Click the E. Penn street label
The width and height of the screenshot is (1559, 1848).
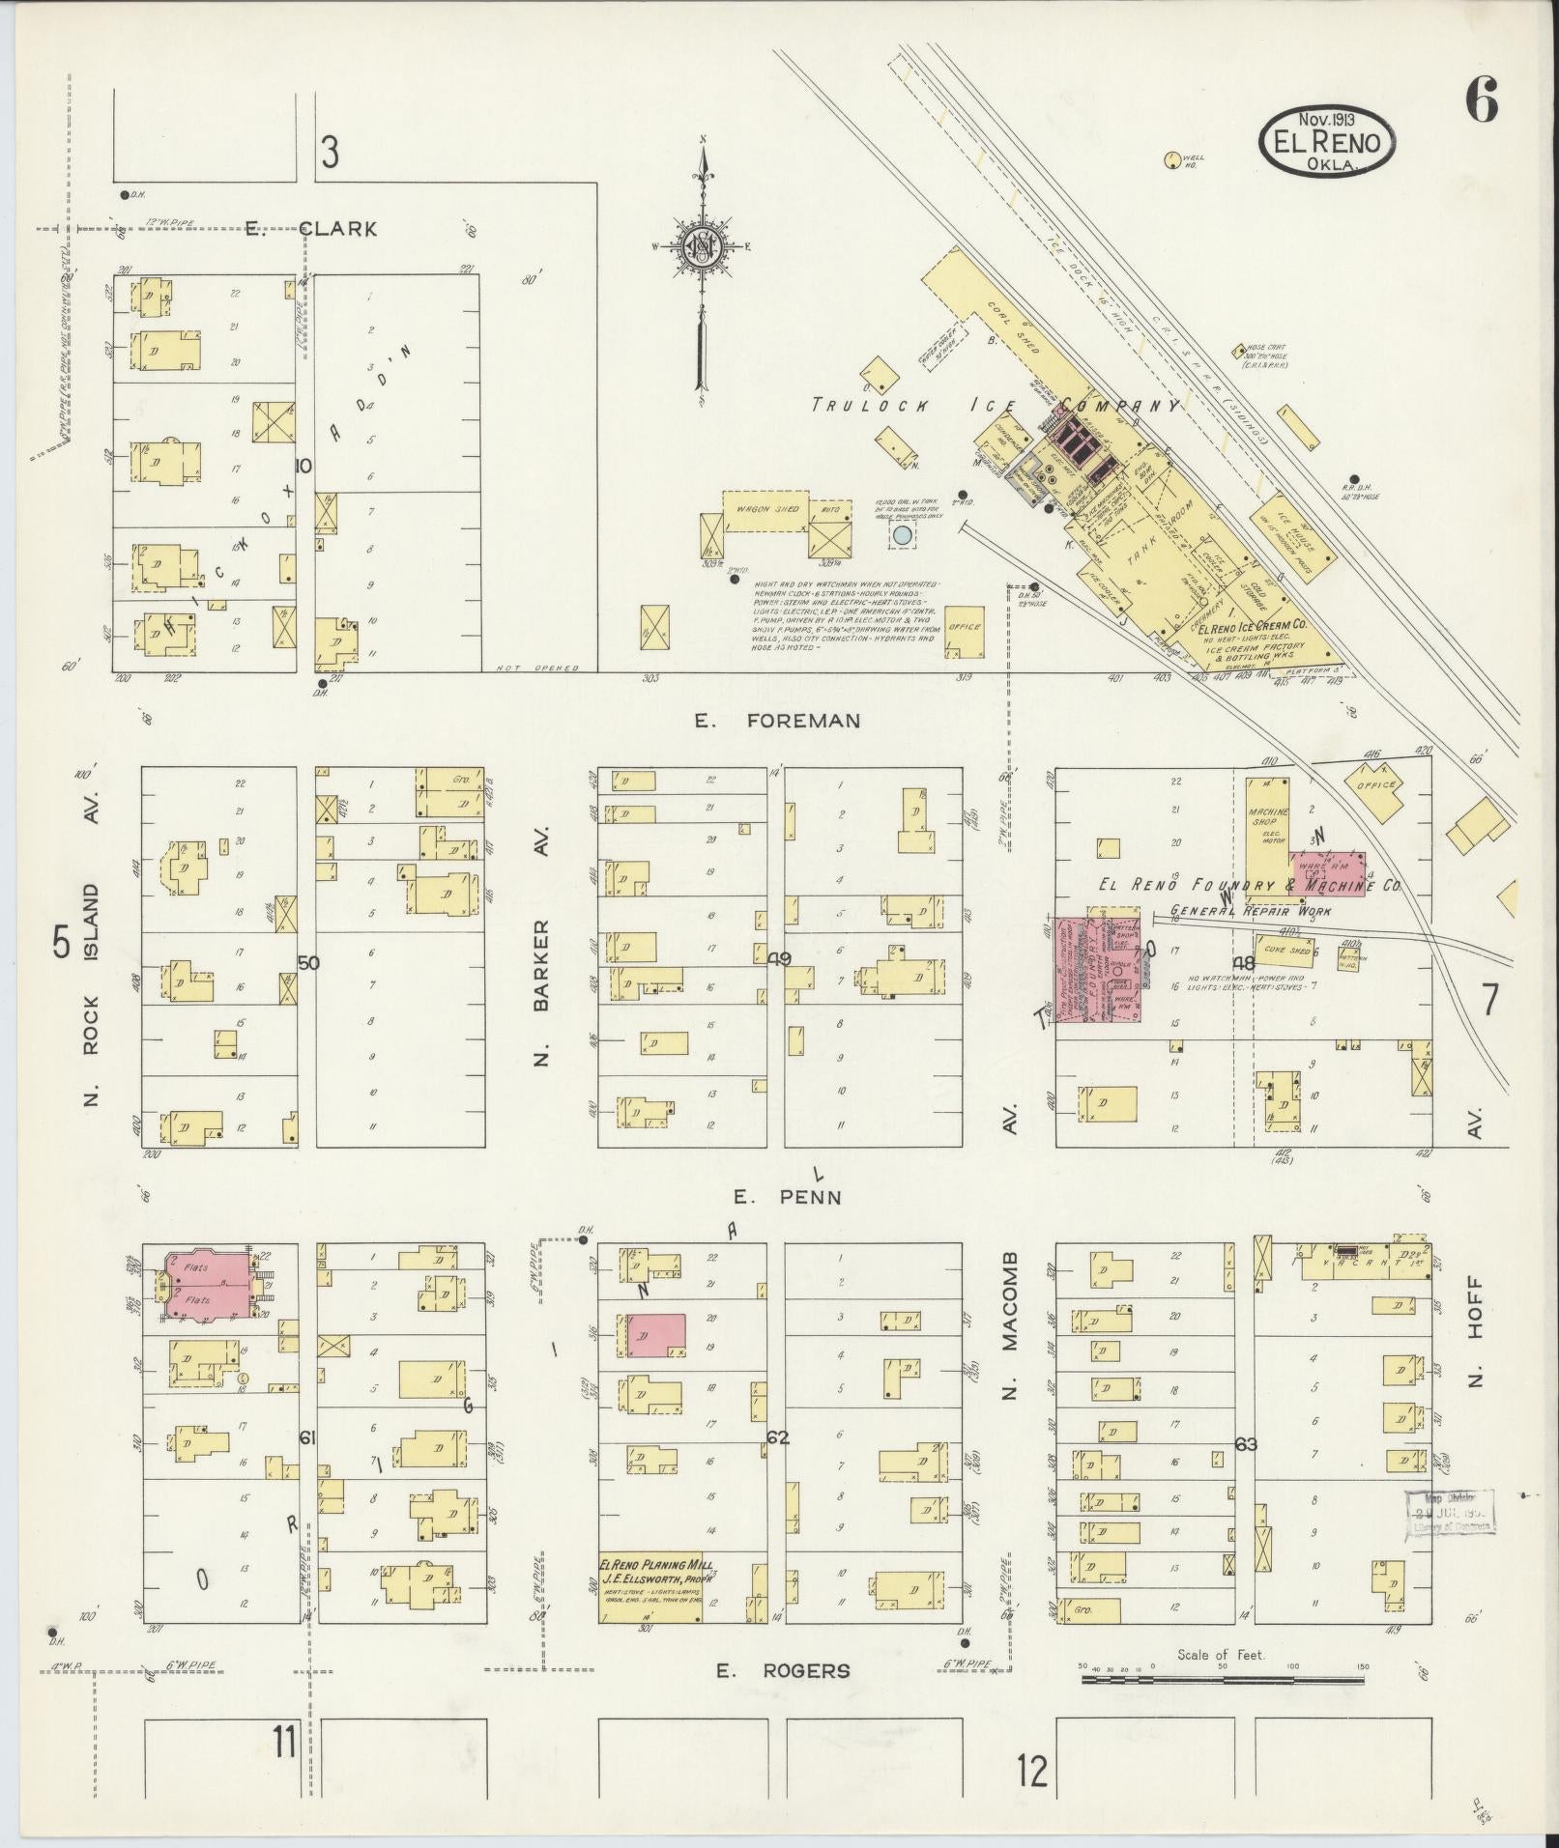tap(786, 1197)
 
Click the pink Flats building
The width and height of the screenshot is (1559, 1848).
tap(205, 1284)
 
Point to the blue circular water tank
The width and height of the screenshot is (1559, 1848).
tap(902, 534)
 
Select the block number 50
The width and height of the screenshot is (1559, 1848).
tap(308, 962)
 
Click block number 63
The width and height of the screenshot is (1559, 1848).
tap(1246, 1444)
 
